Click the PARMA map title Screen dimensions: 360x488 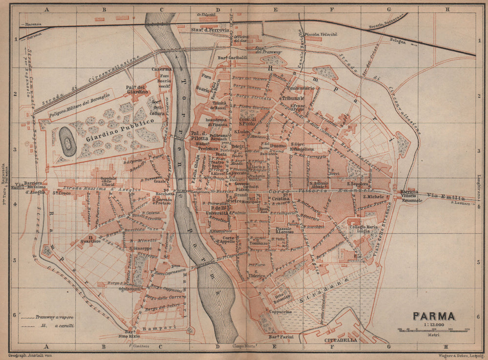pos(434,317)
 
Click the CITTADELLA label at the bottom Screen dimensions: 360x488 pos(340,340)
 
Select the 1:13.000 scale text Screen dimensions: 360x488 pos(434,324)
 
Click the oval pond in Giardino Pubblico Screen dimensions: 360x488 pos(67,142)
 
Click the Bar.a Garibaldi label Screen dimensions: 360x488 pos(232,58)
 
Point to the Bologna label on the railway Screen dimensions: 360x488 pos(397,42)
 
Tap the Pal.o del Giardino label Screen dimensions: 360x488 pos(136,89)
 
